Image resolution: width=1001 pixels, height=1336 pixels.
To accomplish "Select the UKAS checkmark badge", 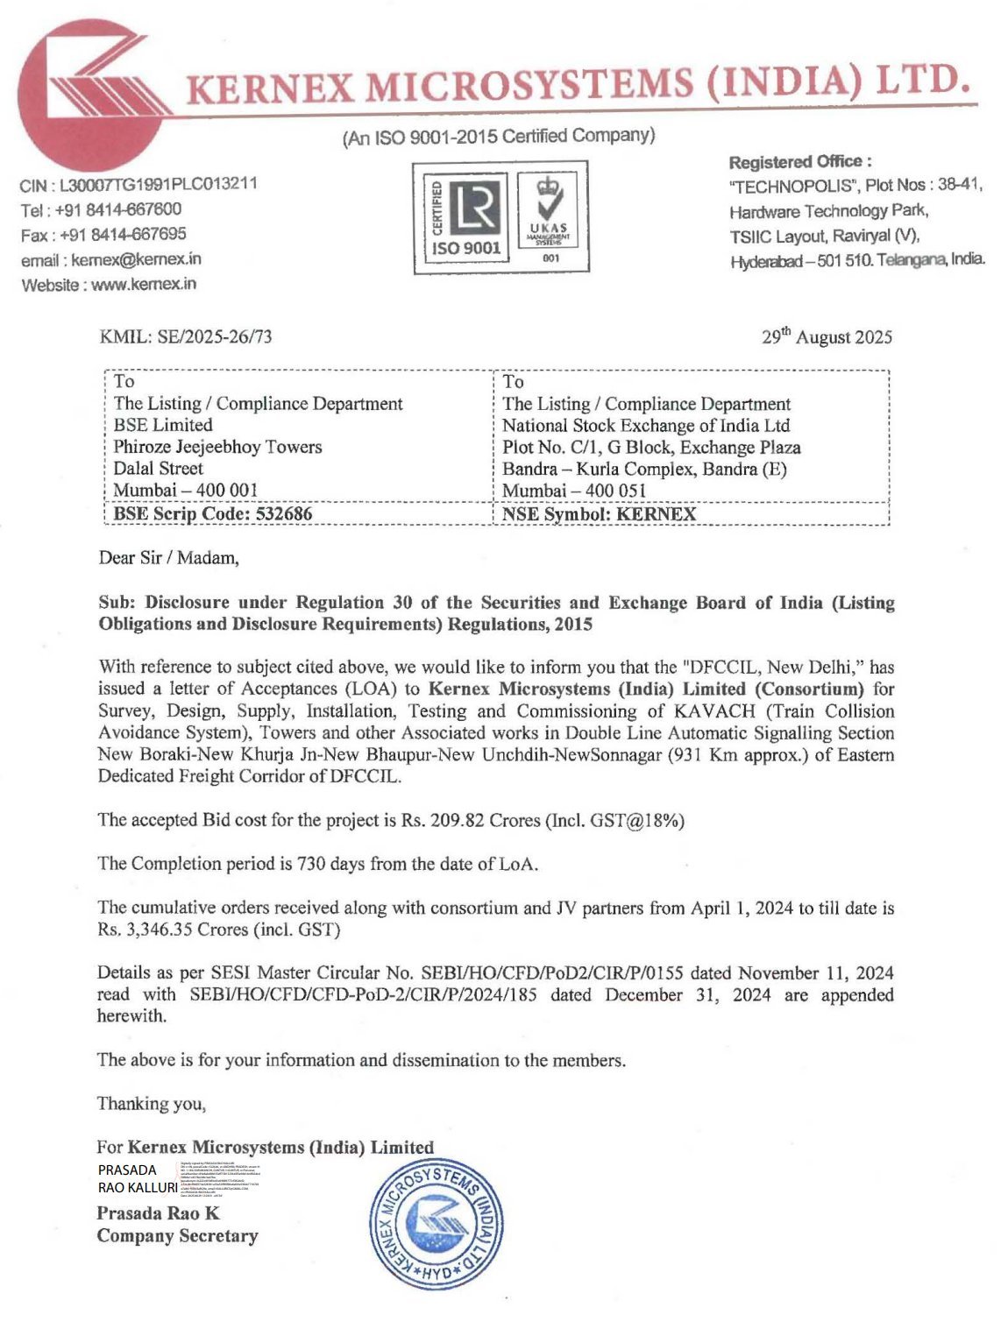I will (x=550, y=217).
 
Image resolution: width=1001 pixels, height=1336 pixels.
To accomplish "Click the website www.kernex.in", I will (x=144, y=284).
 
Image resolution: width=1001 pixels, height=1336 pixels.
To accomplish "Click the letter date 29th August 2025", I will (x=826, y=337).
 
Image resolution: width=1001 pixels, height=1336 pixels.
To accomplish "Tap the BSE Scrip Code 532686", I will (x=213, y=513).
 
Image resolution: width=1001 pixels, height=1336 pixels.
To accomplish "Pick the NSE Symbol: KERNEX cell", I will (x=599, y=514).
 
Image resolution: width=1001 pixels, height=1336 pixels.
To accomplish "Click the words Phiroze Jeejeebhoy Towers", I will (x=217, y=447).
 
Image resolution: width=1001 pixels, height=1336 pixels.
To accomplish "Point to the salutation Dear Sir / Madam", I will (x=168, y=558).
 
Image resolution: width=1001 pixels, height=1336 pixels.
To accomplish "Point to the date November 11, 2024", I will (x=821, y=973).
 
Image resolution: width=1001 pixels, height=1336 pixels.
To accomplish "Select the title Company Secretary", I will (x=177, y=1236).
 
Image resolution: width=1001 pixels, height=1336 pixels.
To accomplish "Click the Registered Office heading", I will (x=799, y=162).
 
